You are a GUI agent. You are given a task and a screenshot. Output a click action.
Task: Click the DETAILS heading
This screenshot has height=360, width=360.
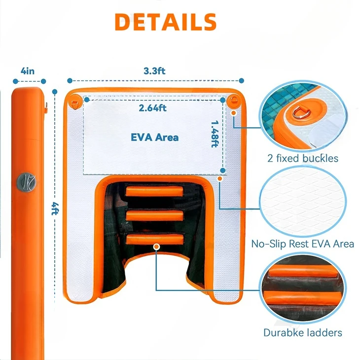(166, 21)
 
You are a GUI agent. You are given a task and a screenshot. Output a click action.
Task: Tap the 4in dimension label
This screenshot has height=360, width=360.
(28, 71)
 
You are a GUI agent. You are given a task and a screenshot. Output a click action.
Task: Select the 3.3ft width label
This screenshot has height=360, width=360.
(154, 71)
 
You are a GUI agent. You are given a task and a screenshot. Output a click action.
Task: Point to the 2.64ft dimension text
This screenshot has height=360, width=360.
(153, 108)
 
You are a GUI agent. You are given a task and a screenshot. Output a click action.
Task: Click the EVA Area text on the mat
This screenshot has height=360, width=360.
(155, 137)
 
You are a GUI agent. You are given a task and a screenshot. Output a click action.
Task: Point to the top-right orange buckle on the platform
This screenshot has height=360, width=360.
(233, 101)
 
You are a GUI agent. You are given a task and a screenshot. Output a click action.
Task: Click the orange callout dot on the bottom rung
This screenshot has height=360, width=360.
(156, 246)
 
